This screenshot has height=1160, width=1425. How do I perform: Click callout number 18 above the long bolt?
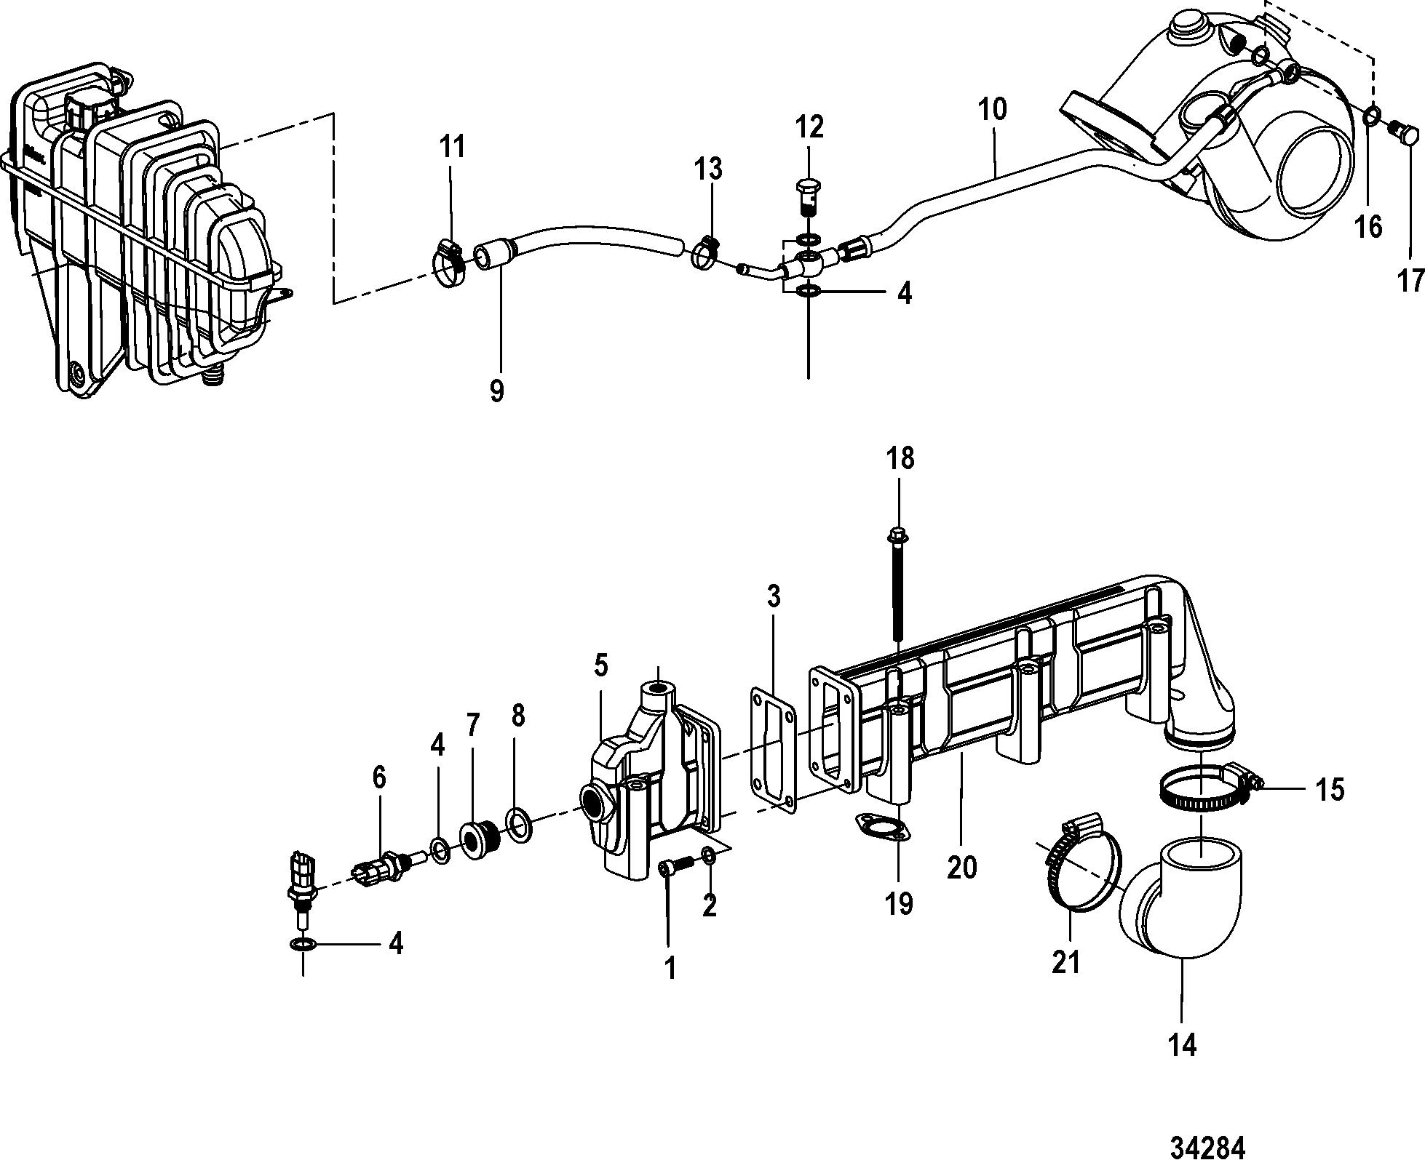[900, 459]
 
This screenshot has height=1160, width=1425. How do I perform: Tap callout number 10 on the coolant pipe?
[992, 109]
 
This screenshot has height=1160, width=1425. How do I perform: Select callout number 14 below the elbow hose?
[1182, 1045]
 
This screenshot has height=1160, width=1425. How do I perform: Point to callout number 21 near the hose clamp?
[1066, 963]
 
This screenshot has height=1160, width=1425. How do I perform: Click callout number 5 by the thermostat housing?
[600, 665]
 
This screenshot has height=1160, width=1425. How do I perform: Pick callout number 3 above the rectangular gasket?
[774, 596]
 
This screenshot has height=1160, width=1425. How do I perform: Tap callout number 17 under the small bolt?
[1411, 280]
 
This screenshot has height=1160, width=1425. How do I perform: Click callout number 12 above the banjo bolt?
[809, 127]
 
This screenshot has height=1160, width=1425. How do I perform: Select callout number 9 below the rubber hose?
[496, 391]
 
